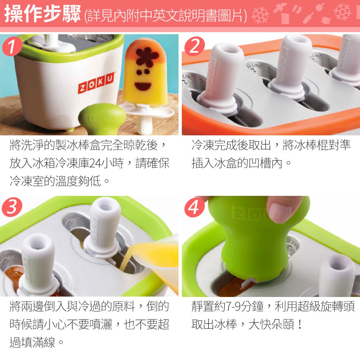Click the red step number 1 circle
[x=12, y=46]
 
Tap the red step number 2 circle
[x=194, y=46]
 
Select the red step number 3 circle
[x=12, y=207]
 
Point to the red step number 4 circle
[x=194, y=207]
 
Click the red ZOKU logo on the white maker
[x=96, y=83]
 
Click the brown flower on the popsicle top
[x=147, y=56]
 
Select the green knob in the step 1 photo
[x=102, y=118]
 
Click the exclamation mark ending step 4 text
[x=299, y=325]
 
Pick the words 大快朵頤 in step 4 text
[x=271, y=325]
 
